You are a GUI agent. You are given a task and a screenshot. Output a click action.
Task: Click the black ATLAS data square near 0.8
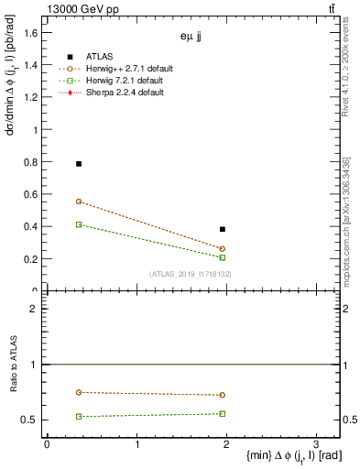point(79,164)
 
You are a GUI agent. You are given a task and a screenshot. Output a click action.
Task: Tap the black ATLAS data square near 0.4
point(223,229)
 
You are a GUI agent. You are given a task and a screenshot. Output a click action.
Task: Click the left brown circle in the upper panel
point(79,202)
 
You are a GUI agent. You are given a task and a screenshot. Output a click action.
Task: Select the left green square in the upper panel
point(79,224)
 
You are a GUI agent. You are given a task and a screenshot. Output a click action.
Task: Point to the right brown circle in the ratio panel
point(223,395)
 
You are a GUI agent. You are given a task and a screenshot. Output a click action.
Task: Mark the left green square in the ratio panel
point(79,416)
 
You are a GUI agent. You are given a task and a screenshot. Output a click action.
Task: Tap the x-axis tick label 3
point(316,444)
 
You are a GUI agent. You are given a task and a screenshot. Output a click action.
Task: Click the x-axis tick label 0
point(47,444)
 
